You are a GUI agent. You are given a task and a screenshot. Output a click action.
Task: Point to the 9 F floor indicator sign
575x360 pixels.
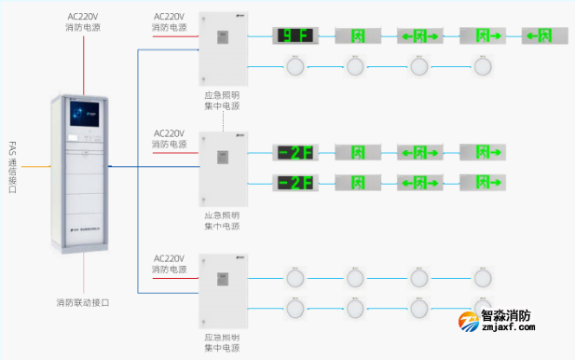tap(292, 36)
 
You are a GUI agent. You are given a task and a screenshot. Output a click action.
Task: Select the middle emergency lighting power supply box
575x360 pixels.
tap(224, 169)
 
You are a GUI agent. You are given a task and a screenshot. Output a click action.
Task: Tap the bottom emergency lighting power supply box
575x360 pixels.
tap(224, 289)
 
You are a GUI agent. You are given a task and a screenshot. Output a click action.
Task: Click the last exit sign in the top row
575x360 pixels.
tap(545, 36)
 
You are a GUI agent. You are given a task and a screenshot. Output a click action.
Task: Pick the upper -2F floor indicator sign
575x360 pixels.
tap(292, 152)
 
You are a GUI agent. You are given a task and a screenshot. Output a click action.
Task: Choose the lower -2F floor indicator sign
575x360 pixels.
tap(292, 181)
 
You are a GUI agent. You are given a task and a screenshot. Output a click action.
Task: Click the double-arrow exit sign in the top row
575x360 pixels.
tap(418, 36)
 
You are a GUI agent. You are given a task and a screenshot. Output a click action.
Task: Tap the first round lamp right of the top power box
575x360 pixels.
tap(294, 66)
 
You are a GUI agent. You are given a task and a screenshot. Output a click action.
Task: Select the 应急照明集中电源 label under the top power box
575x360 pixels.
tap(224, 100)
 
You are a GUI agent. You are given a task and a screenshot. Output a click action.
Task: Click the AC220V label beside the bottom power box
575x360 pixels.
tap(170, 264)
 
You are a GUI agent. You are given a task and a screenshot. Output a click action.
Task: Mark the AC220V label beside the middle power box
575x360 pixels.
tap(170, 139)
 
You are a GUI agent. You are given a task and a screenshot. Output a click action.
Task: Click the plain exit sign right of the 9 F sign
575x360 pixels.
tap(355, 36)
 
